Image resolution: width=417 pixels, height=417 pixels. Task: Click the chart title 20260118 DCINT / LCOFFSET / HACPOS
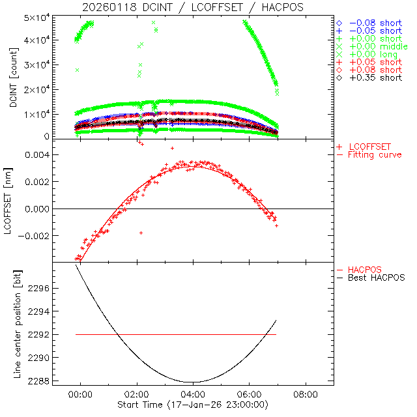193,7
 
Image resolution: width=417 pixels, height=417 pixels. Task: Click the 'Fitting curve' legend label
375,155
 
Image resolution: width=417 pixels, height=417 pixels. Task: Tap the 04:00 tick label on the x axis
193,395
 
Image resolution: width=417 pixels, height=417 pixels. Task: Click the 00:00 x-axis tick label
81,395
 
